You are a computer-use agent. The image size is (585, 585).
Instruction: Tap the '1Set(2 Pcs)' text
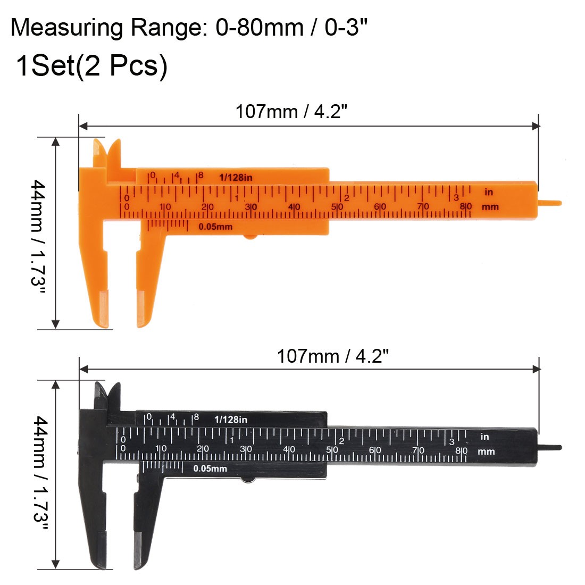(91, 66)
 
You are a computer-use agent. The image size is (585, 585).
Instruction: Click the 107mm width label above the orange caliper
(291, 112)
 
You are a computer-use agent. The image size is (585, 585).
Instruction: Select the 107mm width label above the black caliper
(332, 356)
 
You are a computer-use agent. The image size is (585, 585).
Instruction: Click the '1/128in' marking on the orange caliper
(236, 177)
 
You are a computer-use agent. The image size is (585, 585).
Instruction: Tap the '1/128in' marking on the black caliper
(231, 419)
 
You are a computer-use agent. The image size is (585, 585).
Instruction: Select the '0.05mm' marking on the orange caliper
(215, 227)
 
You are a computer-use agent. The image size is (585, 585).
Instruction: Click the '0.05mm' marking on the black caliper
(210, 469)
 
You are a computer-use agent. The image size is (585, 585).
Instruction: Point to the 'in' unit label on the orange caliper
(488, 192)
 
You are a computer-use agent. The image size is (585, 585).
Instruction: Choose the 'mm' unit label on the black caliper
(486, 452)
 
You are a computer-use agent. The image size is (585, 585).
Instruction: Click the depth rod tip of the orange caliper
(553, 203)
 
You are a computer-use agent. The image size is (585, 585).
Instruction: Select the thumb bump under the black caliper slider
(248, 480)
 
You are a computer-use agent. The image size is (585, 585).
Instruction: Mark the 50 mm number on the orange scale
(337, 207)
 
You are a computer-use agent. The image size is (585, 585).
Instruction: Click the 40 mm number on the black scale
(289, 450)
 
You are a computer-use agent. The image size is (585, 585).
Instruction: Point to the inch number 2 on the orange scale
(346, 198)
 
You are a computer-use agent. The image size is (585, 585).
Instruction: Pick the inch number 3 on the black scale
(452, 441)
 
